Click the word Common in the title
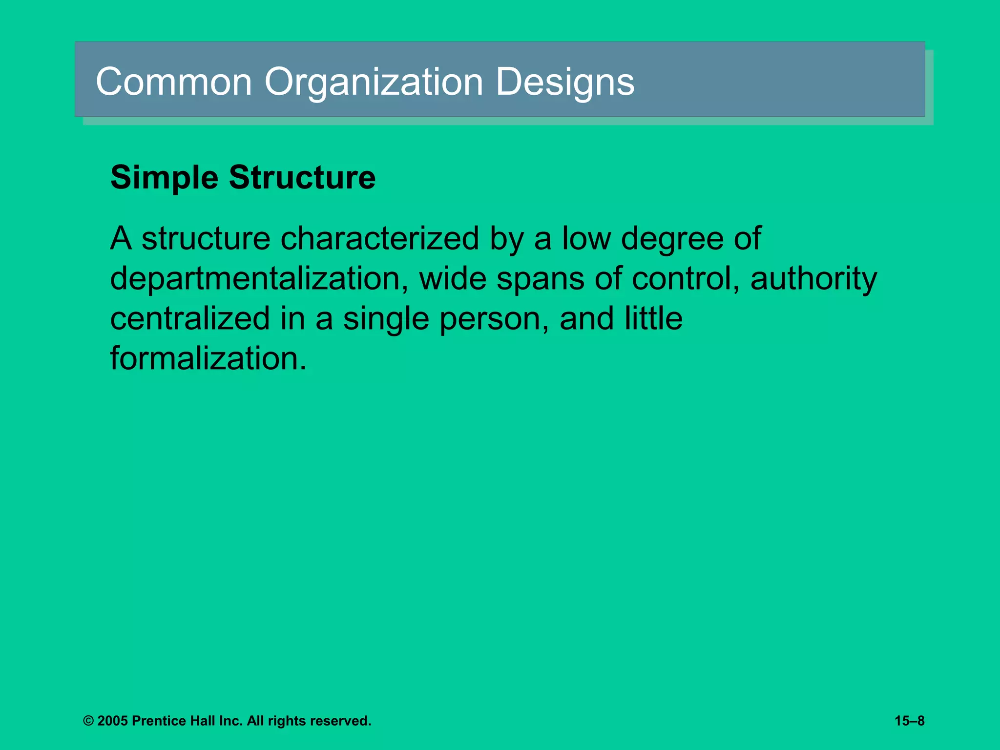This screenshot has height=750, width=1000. (174, 82)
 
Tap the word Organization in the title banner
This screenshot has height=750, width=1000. (374, 82)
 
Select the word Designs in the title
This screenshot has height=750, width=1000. (565, 82)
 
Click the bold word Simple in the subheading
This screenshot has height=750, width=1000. (164, 177)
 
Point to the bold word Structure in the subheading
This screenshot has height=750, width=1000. (302, 177)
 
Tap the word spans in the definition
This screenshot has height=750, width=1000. (541, 279)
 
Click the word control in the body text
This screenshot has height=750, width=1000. (686, 279)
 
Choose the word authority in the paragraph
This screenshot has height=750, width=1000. (813, 279)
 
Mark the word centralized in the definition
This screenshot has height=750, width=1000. (190, 319)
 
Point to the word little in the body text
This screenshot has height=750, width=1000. (653, 319)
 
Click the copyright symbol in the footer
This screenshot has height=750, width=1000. (88, 721)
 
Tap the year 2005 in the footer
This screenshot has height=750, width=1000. (112, 721)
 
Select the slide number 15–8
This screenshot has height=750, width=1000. (909, 721)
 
